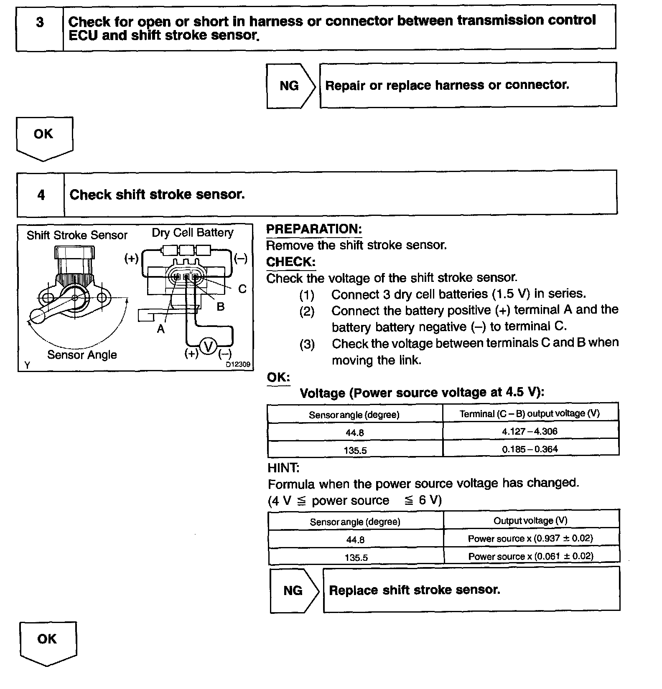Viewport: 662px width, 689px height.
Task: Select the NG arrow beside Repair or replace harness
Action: [290, 86]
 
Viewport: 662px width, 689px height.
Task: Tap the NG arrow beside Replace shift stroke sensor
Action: [293, 590]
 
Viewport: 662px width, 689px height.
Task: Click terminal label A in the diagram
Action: [161, 329]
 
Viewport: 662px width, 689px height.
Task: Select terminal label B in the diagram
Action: [221, 307]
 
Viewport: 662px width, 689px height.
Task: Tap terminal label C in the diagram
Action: [242, 289]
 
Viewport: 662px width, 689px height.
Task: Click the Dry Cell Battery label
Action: [193, 233]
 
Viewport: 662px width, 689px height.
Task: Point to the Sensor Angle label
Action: [82, 355]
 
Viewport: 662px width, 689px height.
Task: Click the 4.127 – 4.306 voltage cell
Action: [530, 431]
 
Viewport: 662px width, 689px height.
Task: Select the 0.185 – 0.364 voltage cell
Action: [530, 449]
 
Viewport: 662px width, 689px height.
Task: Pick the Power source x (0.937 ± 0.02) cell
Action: [530, 539]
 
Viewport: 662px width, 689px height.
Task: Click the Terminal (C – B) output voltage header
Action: [530, 413]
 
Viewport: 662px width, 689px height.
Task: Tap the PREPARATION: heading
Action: [314, 229]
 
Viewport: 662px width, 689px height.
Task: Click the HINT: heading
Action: [284, 468]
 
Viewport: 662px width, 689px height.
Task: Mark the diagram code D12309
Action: [238, 365]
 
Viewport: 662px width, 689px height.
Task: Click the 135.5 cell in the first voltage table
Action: [355, 450]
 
